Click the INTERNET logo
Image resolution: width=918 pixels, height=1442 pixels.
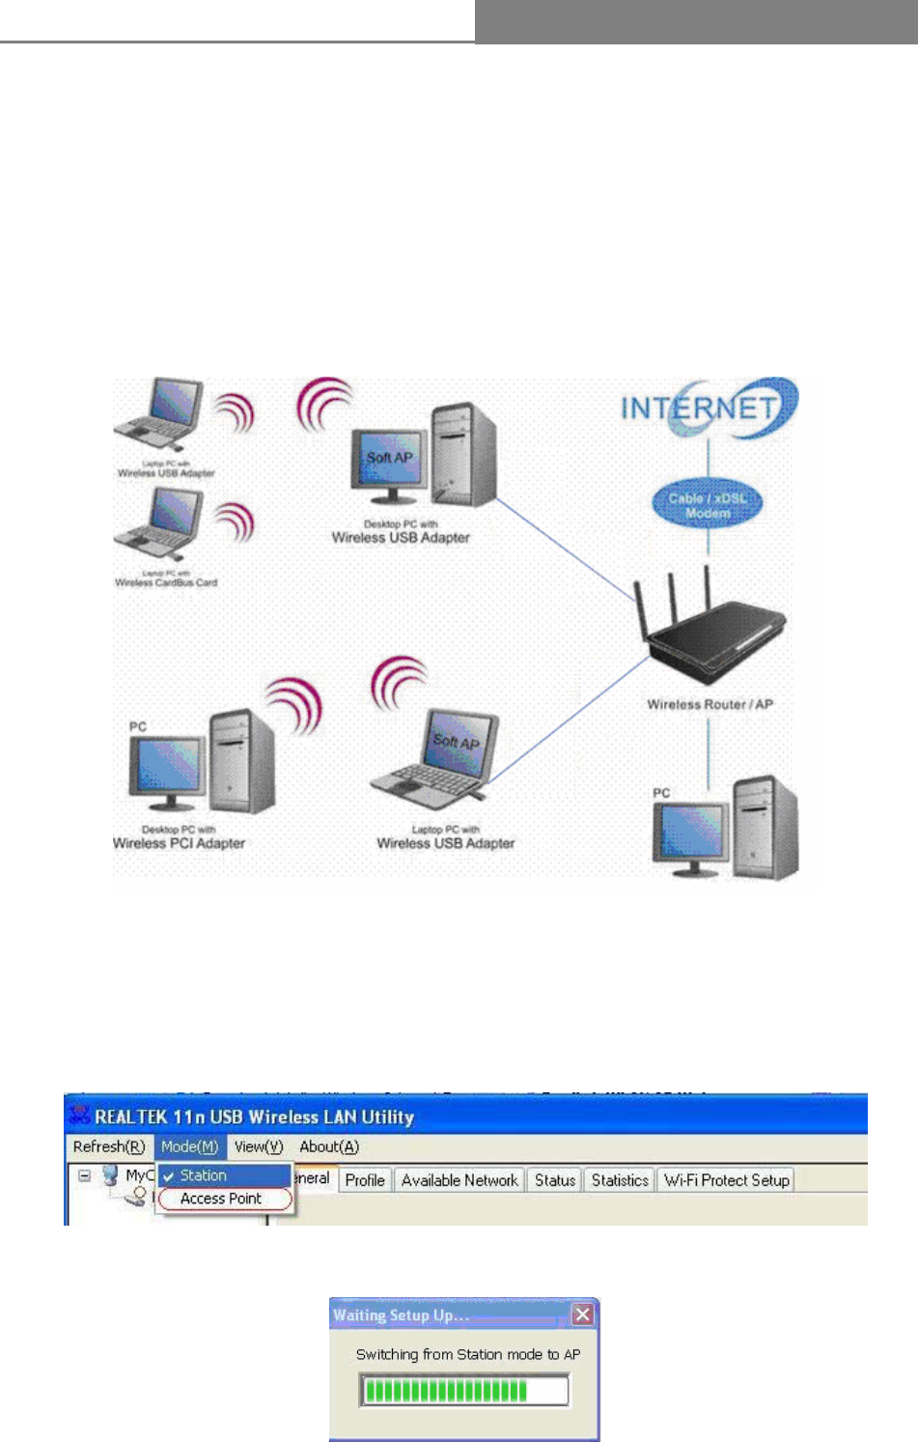pyautogui.click(x=708, y=408)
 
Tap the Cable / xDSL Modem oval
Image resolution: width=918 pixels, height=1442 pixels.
pyautogui.click(x=708, y=505)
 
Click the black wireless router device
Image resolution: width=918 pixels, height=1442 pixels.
pyautogui.click(x=714, y=628)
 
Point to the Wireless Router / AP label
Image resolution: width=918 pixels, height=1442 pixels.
pyautogui.click(x=709, y=704)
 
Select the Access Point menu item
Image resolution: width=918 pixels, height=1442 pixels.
pyautogui.click(x=221, y=1199)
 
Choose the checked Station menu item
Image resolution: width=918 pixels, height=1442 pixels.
pyautogui.click(x=203, y=1175)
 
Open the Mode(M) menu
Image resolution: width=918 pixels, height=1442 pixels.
pyautogui.click(x=189, y=1146)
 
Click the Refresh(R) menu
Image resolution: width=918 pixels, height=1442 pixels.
pyautogui.click(x=109, y=1146)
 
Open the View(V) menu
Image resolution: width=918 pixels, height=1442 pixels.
pyautogui.click(x=259, y=1146)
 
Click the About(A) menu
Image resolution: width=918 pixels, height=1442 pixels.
pyautogui.click(x=329, y=1146)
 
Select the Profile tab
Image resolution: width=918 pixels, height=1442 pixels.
pyautogui.click(x=365, y=1180)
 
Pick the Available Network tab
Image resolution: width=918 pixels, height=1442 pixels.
pyautogui.click(x=459, y=1180)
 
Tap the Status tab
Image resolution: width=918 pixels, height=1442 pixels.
pyautogui.click(x=555, y=1180)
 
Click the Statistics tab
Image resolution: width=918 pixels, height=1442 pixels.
pyautogui.click(x=620, y=1180)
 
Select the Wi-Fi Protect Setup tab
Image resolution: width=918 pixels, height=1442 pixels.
pyautogui.click(x=727, y=1180)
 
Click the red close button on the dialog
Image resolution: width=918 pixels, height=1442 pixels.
pyautogui.click(x=582, y=1315)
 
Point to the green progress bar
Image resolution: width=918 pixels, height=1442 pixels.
pyautogui.click(x=446, y=1391)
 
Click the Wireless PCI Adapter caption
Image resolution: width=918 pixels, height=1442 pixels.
pyautogui.click(x=179, y=843)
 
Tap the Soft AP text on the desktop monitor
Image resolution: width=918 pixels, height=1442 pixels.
pyautogui.click(x=389, y=458)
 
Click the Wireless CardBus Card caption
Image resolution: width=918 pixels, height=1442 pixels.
pyautogui.click(x=166, y=582)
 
